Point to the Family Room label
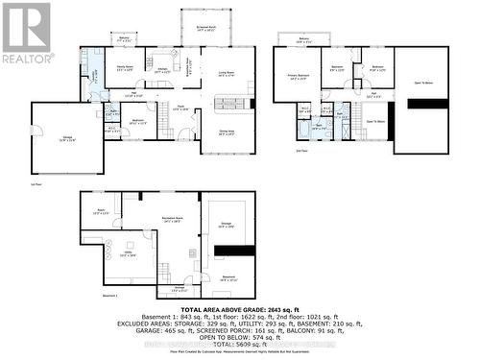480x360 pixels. click(124, 67)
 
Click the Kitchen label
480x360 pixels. click(163, 69)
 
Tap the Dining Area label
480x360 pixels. click(227, 132)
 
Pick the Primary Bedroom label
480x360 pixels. click(298, 75)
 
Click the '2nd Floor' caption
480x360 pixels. click(300, 152)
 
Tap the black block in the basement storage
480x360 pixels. click(228, 251)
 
